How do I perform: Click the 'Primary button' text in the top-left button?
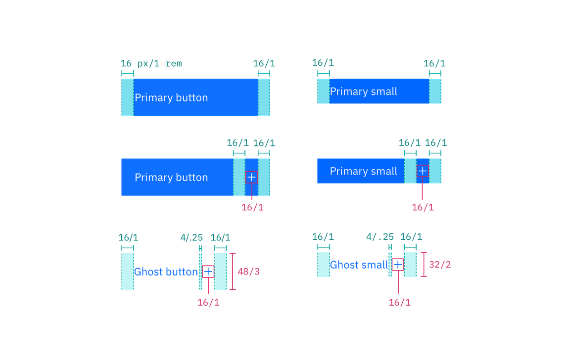[x=171, y=98]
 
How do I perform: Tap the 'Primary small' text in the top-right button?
[x=364, y=91]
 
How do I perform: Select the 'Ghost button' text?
[x=166, y=271]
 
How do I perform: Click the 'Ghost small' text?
[x=359, y=265]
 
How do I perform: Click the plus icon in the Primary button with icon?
[x=251, y=177]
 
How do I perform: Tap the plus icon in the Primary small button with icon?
[x=423, y=171]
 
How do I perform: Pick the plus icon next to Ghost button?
[x=208, y=271]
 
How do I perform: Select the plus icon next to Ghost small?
[x=398, y=264]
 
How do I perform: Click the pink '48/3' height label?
[x=249, y=271]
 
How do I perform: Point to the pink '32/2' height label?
[x=440, y=265]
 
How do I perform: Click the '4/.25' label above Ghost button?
[x=191, y=238]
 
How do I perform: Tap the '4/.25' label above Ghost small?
[x=380, y=237]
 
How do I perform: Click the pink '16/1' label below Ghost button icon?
[x=208, y=303]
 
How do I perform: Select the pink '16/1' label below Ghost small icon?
[x=400, y=302]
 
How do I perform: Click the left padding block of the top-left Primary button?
[x=127, y=97]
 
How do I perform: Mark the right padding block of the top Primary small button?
[x=435, y=91]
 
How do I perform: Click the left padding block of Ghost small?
[x=324, y=265]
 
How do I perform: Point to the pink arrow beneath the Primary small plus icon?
[x=422, y=192]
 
